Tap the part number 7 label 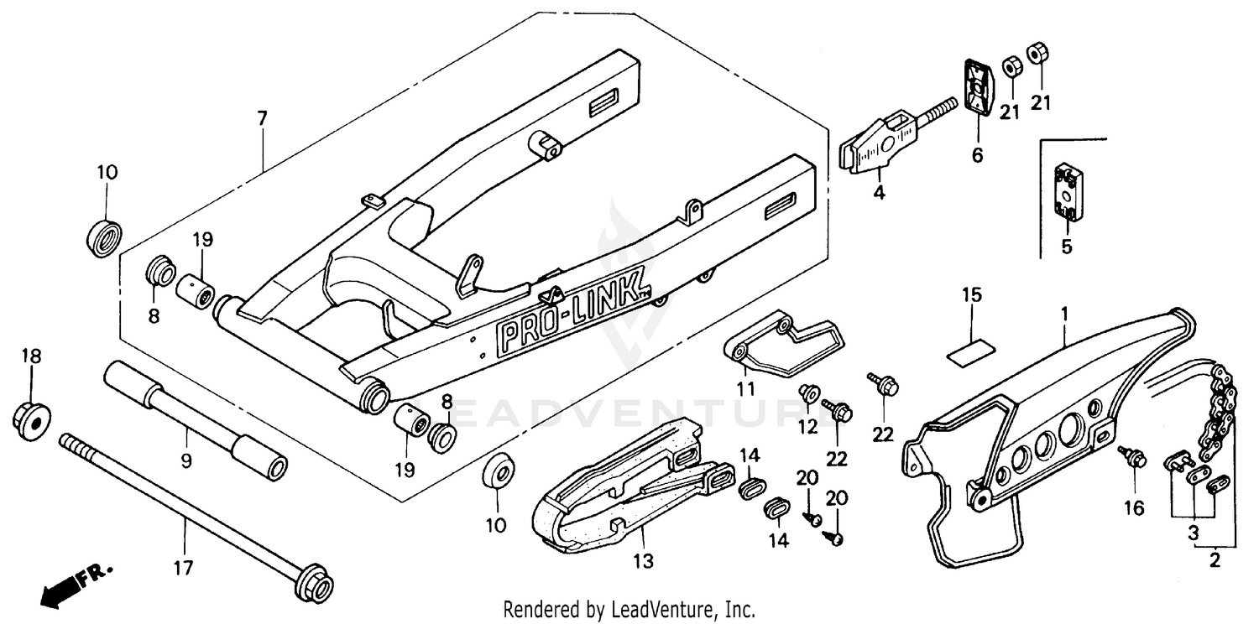click(262, 118)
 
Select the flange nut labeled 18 click(32, 414)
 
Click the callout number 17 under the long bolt click(183, 569)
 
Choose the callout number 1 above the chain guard click(1064, 315)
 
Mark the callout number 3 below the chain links click(1193, 531)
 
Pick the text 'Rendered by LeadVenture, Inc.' click(629, 608)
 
